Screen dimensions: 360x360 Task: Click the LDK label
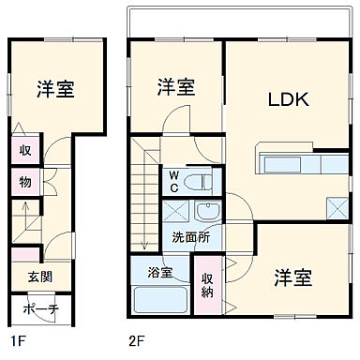click(290, 99)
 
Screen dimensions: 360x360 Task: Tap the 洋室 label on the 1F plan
click(56, 90)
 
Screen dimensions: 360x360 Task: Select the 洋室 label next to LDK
click(176, 87)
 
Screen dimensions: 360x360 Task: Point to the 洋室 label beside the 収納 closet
click(293, 277)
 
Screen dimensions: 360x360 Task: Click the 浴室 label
click(159, 274)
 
